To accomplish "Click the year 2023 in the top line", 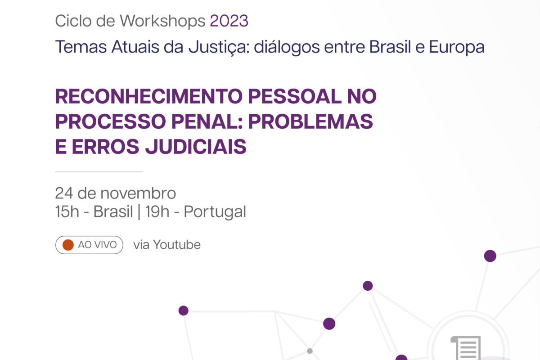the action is tap(229, 21).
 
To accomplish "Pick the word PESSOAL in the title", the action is tap(295, 96).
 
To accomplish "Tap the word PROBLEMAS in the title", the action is tap(310, 121).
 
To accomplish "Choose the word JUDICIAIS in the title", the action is tap(196, 147).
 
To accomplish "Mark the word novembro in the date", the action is tap(138, 193).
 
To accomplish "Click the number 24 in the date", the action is tap(64, 193).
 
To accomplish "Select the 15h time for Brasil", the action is tap(67, 211).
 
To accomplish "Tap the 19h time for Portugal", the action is tap(157, 211).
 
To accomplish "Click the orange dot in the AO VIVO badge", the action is tap(68, 245).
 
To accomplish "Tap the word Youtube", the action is tap(177, 245).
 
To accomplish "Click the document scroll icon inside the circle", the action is tap(466, 348).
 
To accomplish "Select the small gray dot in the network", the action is tap(310, 351).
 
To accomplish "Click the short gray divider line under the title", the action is tap(99, 172).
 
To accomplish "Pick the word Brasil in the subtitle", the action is tap(390, 46).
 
